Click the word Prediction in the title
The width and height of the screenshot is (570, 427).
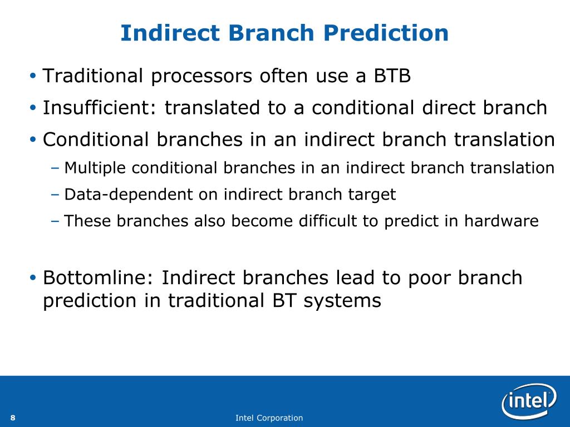pos(386,33)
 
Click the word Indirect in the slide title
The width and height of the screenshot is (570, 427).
pos(170,33)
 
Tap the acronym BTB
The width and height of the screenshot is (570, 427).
pos(392,76)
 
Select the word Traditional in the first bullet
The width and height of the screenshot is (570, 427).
pos(93,76)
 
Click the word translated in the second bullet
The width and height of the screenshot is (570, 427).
pos(212,108)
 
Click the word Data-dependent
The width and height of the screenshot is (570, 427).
pos(129,195)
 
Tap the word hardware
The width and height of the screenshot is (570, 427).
pos(501,221)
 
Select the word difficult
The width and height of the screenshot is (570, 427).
pos(325,221)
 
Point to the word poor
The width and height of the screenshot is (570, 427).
pos(429,279)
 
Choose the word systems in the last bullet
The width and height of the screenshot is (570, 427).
pos(342,301)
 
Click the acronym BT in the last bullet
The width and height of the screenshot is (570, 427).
pos(283,301)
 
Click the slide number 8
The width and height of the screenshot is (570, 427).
pos(13,418)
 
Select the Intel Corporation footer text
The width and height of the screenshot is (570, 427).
pos(269,418)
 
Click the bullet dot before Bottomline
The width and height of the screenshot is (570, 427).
pos(33,278)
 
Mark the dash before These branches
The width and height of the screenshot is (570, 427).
pos(55,221)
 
